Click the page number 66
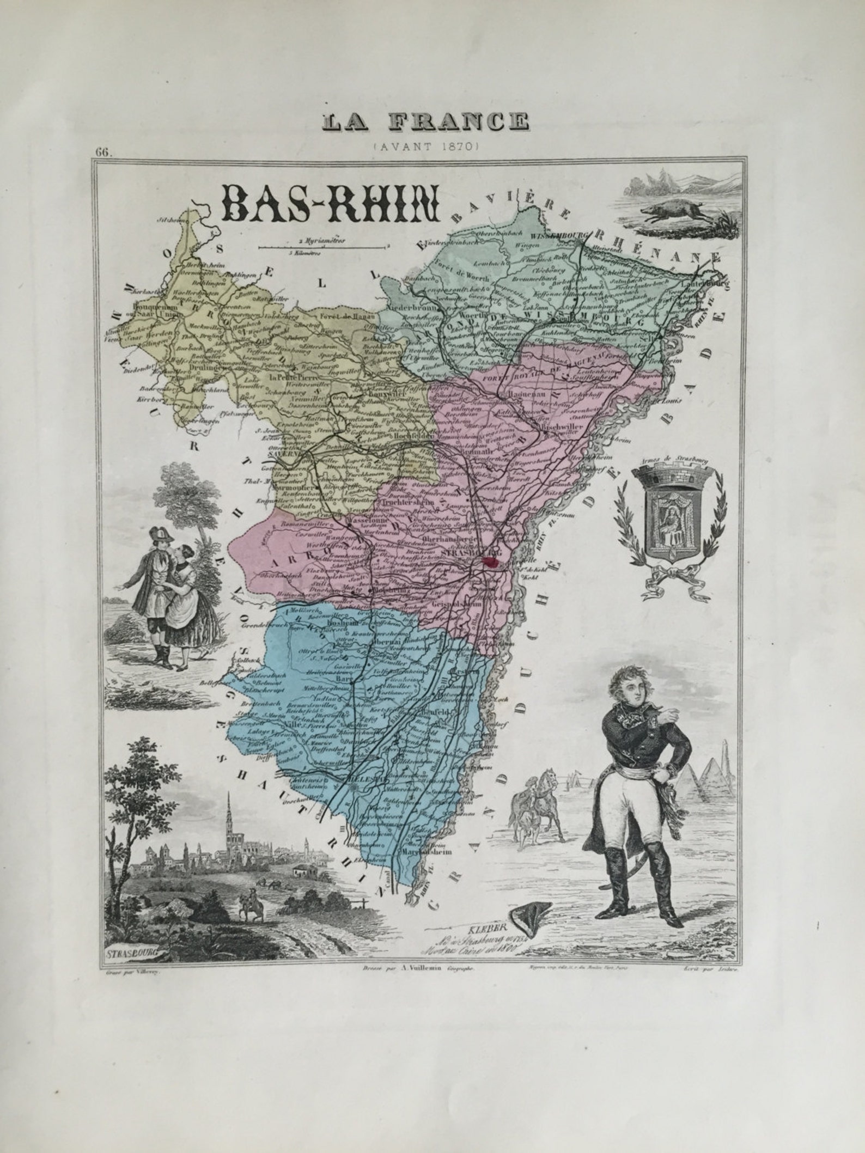pyautogui.click(x=102, y=152)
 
